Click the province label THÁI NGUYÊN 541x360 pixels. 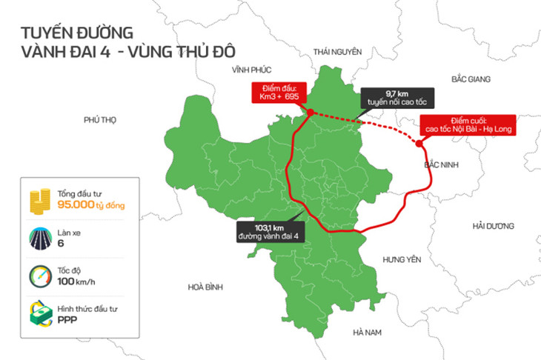click(x=337, y=51)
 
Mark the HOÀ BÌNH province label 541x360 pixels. click(x=205, y=286)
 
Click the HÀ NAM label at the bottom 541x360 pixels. click(x=366, y=332)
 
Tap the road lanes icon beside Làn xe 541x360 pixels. click(x=39, y=237)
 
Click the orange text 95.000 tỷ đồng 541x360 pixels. click(x=90, y=204)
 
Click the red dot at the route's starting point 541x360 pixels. click(x=311, y=113)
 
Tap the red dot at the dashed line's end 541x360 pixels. click(x=419, y=145)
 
